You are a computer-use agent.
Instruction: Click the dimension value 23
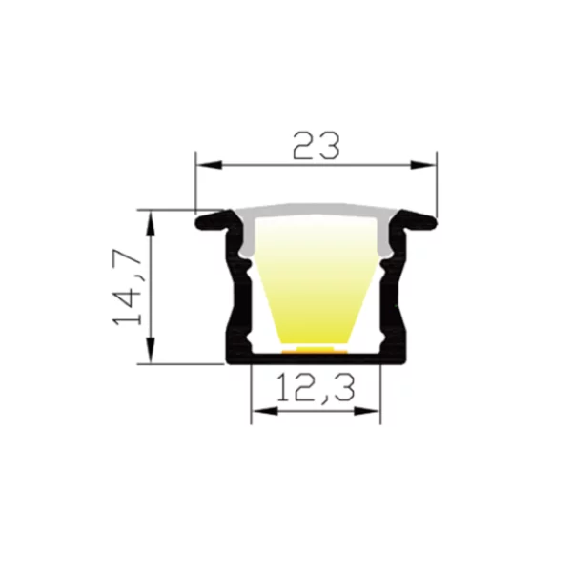pyautogui.click(x=317, y=146)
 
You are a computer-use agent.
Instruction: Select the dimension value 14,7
pyautogui.click(x=127, y=287)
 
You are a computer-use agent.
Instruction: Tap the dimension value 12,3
pyautogui.click(x=316, y=388)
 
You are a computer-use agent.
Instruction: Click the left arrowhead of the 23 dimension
pyautogui.click(x=209, y=165)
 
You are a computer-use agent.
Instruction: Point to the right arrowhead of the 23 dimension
pyautogui.click(x=423, y=165)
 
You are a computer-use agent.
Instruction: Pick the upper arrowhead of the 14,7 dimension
pyautogui.click(x=151, y=224)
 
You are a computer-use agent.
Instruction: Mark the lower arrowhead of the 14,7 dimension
pyautogui.click(x=151, y=351)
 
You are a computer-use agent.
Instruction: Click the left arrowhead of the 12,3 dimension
pyautogui.click(x=264, y=412)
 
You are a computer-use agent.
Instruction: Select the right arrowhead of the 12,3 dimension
pyautogui.click(x=367, y=412)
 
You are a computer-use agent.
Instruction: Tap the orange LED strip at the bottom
pyautogui.click(x=315, y=350)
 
